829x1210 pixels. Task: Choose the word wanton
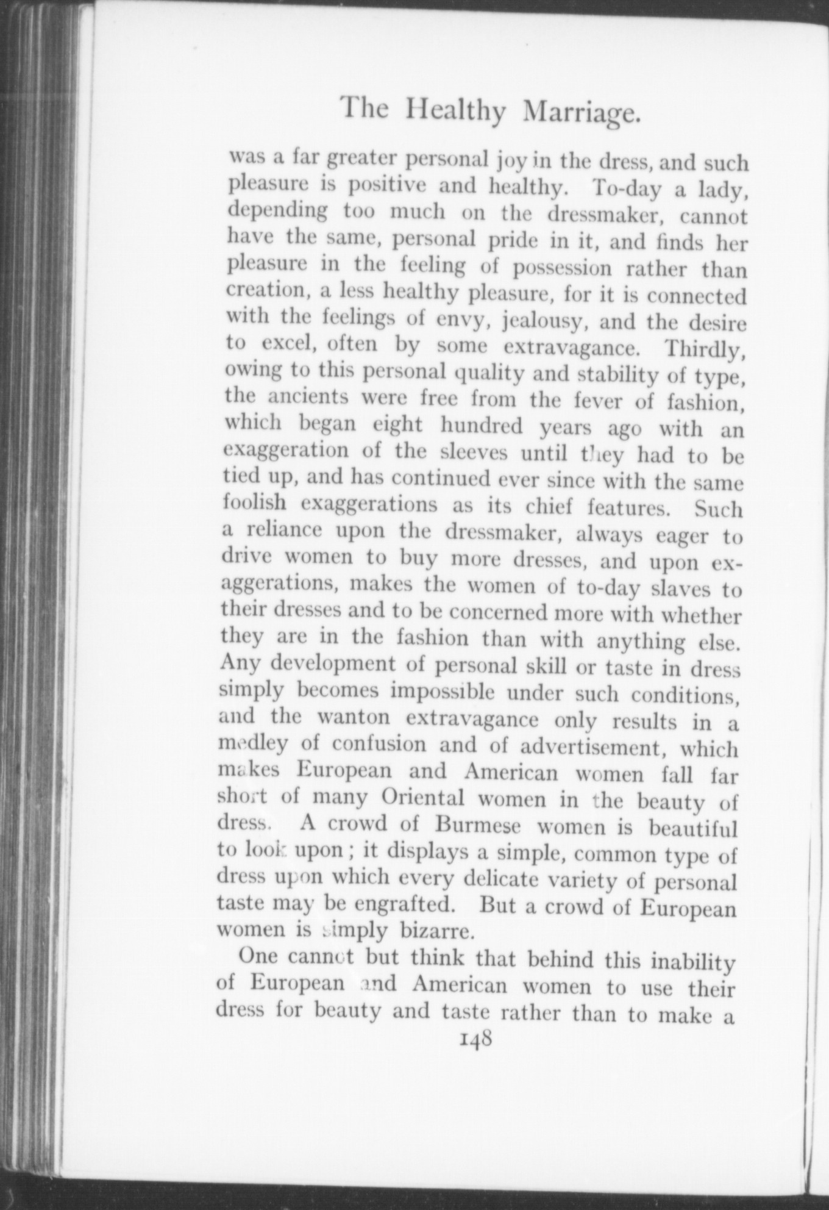tap(354, 717)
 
